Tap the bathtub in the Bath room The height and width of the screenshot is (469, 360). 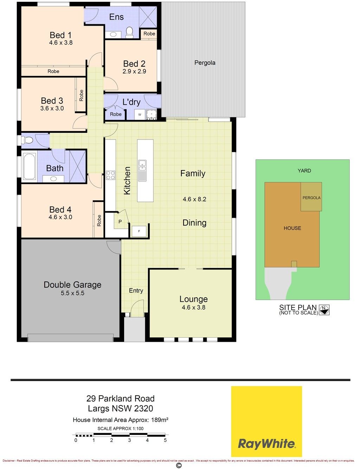(x=30, y=166)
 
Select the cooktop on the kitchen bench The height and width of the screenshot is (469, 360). (x=111, y=175)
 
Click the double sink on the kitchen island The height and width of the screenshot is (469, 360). (x=142, y=170)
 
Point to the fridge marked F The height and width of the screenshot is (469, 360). (x=139, y=231)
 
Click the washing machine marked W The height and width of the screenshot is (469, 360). (x=140, y=115)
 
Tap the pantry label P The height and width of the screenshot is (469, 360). (x=120, y=221)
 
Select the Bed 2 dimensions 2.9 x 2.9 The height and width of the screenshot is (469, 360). (x=134, y=71)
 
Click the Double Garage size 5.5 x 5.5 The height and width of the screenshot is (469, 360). (x=72, y=293)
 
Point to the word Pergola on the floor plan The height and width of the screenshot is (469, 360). (x=205, y=63)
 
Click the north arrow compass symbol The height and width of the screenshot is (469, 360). (x=324, y=310)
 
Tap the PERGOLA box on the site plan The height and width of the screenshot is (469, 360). (x=311, y=197)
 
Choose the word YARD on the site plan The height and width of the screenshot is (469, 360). (x=304, y=171)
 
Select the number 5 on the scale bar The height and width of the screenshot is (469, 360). (x=165, y=440)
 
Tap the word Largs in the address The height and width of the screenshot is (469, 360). (x=99, y=409)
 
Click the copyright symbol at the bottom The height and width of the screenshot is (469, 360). (x=179, y=465)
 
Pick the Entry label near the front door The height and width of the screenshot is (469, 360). (x=136, y=291)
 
